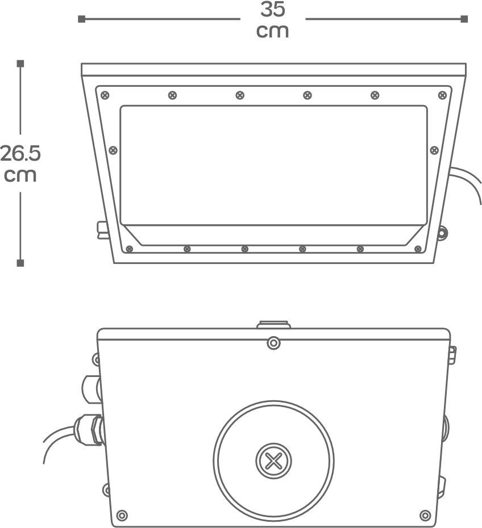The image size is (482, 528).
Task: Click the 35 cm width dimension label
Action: click(272, 19)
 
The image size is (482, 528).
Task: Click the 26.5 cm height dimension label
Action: click(20, 164)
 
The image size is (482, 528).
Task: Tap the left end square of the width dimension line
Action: click(81, 19)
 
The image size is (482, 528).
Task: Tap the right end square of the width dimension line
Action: click(464, 19)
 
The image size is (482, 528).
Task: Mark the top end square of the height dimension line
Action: click(20, 64)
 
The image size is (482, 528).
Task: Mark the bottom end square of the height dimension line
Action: click(20, 263)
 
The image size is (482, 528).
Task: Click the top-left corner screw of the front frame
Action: click(105, 95)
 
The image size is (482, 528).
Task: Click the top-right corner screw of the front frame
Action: click(442, 95)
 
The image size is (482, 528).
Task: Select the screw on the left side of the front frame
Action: click(113, 150)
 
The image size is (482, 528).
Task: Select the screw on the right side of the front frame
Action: click(434, 150)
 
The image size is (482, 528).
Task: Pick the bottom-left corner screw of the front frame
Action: click(129, 249)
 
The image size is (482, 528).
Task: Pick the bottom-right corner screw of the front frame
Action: click(418, 249)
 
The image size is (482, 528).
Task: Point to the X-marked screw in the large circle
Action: click(274, 461)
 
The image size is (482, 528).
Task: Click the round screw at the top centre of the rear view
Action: click(274, 343)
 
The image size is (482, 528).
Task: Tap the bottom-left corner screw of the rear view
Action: click(122, 516)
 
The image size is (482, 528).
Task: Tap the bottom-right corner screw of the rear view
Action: click(425, 516)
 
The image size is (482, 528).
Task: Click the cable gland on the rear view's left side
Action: click(89, 430)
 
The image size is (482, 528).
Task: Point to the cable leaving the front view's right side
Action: click(466, 184)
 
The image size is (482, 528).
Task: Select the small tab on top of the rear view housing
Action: click(273, 325)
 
